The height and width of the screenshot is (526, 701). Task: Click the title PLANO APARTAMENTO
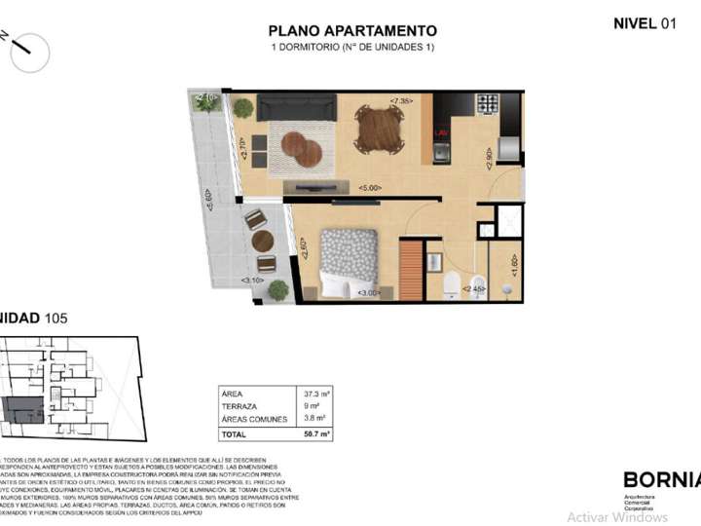click(352, 31)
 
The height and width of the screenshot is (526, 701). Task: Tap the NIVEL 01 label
click(644, 23)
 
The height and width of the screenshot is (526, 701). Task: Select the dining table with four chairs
click(379, 129)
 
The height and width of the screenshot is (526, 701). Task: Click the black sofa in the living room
click(297, 107)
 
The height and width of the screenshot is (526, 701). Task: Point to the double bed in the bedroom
click(349, 262)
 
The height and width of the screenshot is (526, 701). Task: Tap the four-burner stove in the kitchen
click(486, 104)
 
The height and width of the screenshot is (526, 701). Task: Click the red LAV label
click(440, 131)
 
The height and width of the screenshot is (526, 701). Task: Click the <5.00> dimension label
click(369, 187)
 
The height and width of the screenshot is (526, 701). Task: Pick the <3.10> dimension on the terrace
click(252, 281)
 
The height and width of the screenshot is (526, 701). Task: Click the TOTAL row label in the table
click(235, 433)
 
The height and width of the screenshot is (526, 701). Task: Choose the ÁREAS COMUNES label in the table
click(255, 419)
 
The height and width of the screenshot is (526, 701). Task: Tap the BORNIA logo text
click(660, 479)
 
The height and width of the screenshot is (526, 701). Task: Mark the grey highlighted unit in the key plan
click(23, 411)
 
